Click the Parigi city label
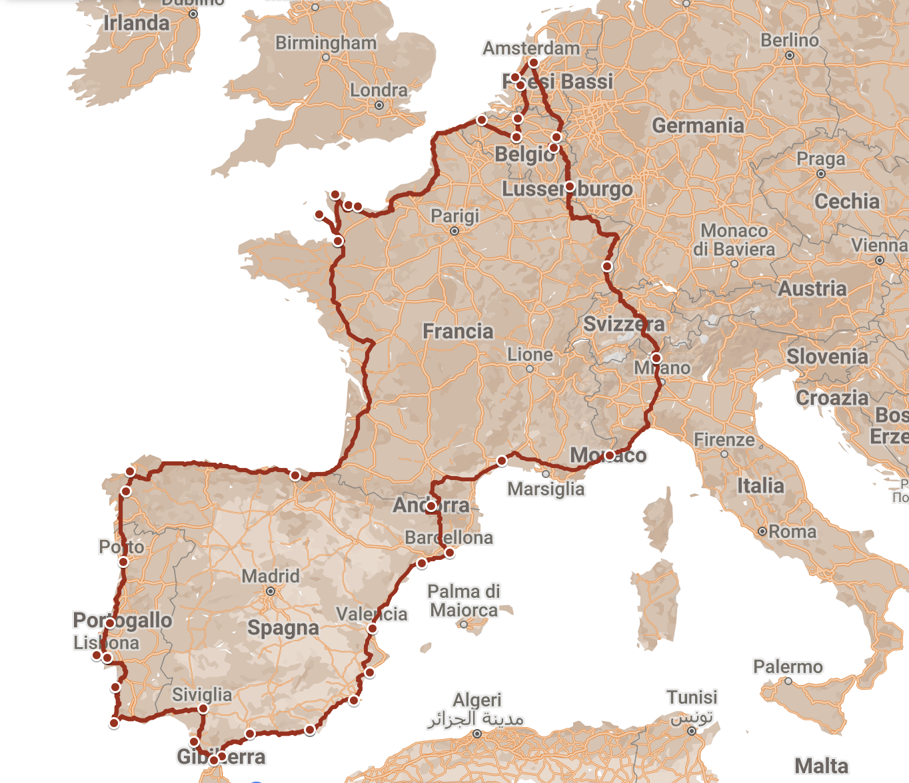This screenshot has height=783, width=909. click(454, 216)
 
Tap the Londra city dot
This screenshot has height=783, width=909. click(379, 105)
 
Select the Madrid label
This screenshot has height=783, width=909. click(270, 576)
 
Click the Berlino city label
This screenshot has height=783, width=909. click(790, 41)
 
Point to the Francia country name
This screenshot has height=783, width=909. click(458, 332)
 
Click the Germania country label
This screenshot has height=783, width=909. click(698, 126)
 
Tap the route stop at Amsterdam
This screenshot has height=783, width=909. click(533, 63)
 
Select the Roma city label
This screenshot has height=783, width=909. click(792, 532)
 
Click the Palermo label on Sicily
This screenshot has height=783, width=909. click(788, 667)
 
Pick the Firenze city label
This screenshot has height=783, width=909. click(724, 440)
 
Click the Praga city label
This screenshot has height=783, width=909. click(820, 160)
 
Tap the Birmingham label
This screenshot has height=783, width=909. click(326, 43)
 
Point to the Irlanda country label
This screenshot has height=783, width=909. click(137, 23)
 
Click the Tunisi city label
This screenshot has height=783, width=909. click(692, 698)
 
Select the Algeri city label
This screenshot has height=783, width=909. click(476, 700)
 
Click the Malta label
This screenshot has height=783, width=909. click(821, 766)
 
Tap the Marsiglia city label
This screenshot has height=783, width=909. click(546, 489)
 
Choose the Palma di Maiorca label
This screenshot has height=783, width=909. click(464, 601)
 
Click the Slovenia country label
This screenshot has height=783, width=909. click(827, 357)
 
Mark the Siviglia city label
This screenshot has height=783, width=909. click(202, 695)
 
